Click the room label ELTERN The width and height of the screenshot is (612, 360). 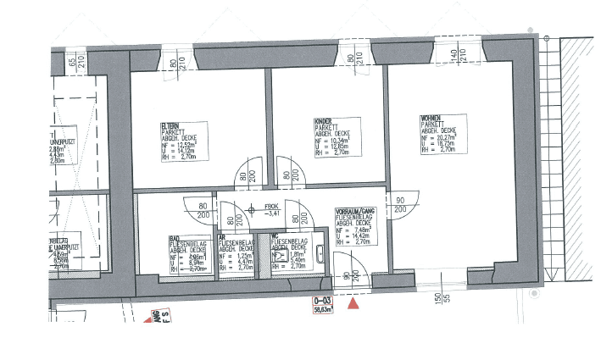coord(170,125)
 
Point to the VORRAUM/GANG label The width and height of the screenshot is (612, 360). coord(356,210)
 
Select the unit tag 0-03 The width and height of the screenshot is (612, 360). coord(322,301)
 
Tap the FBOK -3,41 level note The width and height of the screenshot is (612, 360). coord(272,211)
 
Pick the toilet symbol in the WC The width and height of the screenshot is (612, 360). coord(276,252)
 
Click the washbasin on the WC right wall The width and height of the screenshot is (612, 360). coord(320,252)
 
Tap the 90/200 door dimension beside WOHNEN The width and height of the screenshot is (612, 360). coord(399,204)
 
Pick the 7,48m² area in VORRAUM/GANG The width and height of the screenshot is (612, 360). coord(359,229)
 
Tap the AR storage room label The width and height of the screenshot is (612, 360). coord(222,238)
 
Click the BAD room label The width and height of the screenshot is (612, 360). coord(173,238)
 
